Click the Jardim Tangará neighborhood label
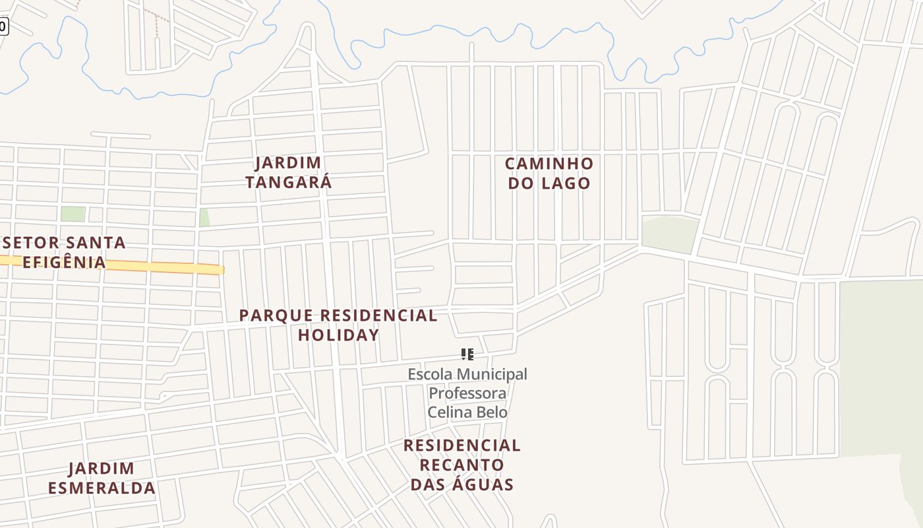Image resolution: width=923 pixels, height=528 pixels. pos(288,172)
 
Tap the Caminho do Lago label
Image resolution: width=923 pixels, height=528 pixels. pos(549,173)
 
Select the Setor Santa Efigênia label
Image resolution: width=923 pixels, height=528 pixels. pos(64,252)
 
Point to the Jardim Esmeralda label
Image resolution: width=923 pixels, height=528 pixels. pos(102,478)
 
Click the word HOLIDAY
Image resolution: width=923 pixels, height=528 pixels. pos(339,335)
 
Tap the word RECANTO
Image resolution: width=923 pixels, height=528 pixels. pos(462,465)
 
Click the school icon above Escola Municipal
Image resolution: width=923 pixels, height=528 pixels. pos(467,354)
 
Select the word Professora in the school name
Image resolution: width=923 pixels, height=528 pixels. pos(467,393)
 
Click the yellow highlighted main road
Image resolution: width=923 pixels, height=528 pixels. pos(132,265)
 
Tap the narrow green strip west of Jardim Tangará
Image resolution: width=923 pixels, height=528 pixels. pos(204,218)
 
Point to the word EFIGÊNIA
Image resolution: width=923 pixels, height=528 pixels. pos(64,262)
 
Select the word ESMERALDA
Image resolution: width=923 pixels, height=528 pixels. pos(102,488)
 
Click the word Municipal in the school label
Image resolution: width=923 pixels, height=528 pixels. pos(492,374)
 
